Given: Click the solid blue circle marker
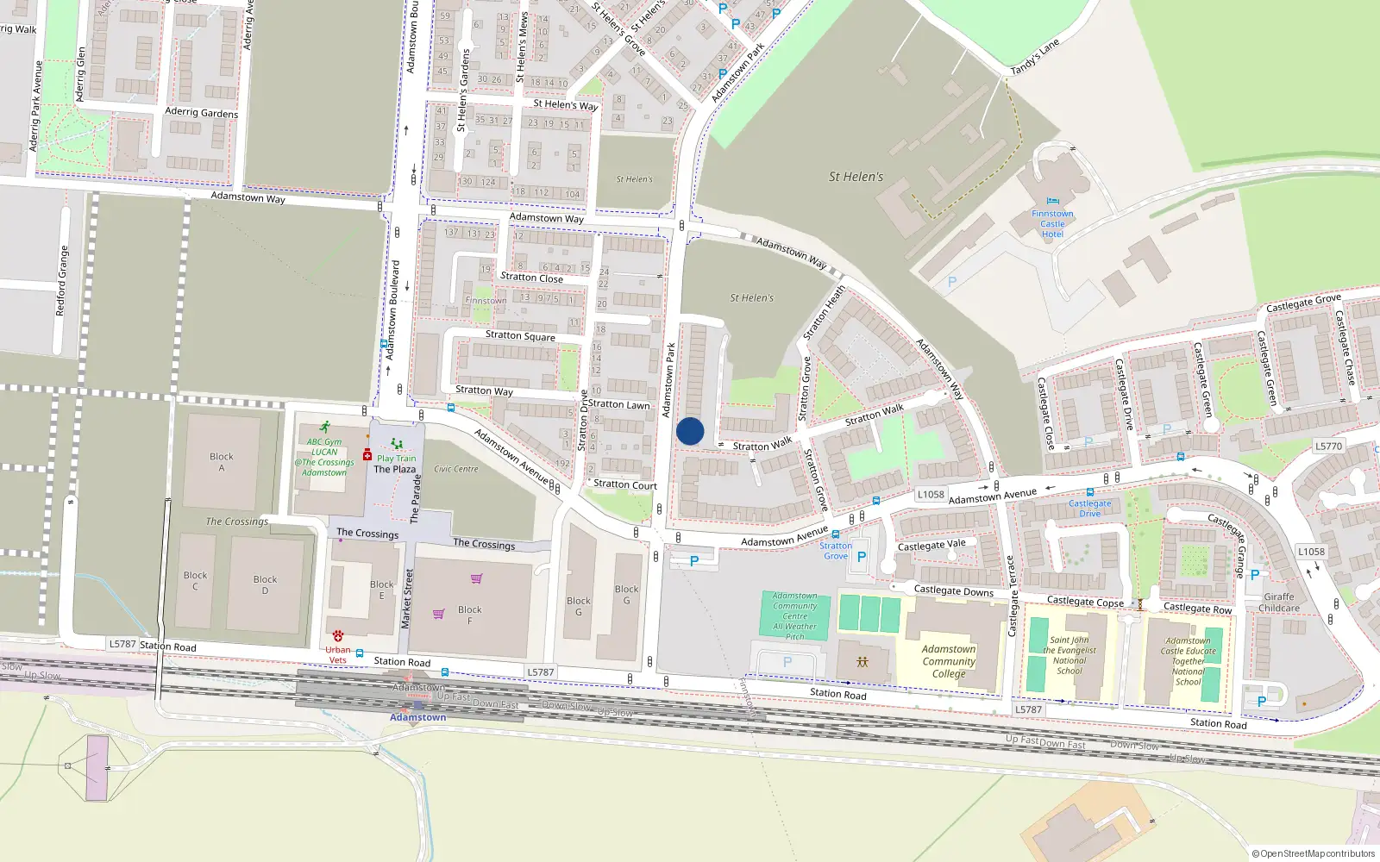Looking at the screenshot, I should coord(690,431).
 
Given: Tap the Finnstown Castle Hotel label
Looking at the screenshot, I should coord(1052,223).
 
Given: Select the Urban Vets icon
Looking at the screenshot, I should coord(338,636).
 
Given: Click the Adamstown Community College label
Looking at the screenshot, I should coord(949,661).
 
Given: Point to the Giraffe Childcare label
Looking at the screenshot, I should coord(1278,603).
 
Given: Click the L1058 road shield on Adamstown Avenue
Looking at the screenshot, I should coord(931,495).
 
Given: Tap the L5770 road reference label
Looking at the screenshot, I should coord(1328,447).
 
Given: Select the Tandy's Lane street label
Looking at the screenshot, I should coord(1034,57).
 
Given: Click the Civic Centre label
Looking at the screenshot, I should coord(456,469).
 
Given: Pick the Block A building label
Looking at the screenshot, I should coord(222,462).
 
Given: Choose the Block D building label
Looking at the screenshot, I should coord(266,584).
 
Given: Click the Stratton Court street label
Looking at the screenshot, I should coord(625,484).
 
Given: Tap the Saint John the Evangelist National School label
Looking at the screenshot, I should coord(1069,655).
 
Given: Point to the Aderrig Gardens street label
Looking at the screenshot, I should coord(201,112).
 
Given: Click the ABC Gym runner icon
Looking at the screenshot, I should coord(324,428).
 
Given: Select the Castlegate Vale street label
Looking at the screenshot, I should coord(931,545).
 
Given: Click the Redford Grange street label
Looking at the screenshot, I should coord(61,280).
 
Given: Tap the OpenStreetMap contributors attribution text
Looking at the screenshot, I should coord(1314,853).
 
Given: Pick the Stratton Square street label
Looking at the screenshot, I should coord(520,335).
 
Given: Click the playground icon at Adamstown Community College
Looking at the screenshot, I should coord(862,662).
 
